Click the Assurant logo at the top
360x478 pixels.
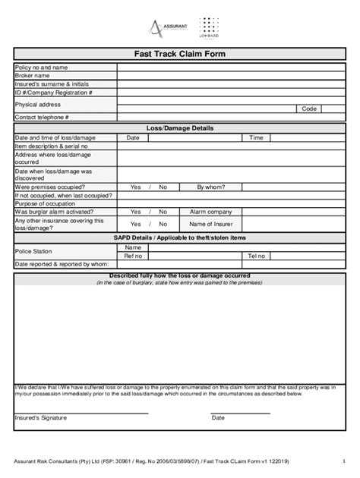pyautogui.click(x=168, y=29)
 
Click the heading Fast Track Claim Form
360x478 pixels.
pyautogui.click(x=180, y=55)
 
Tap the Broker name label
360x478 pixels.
pyautogui.click(x=33, y=76)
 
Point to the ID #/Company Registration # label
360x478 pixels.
pyautogui.click(x=53, y=93)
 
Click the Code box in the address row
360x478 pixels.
pyautogui.click(x=309, y=108)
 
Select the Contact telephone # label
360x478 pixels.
pyautogui.click(x=42, y=118)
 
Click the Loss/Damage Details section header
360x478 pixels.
pyautogui.click(x=180, y=128)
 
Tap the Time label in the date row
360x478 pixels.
pyautogui.click(x=257, y=138)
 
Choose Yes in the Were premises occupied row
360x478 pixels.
pyautogui.click(x=135, y=187)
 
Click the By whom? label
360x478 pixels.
pyautogui.click(x=210, y=187)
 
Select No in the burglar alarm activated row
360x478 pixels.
pyautogui.click(x=163, y=212)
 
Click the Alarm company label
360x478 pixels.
pyautogui.click(x=210, y=212)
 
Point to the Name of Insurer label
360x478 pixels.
pyautogui.click(x=210, y=225)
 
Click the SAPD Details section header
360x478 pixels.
pyautogui.click(x=180, y=237)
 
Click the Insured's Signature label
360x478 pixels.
pyautogui.click(x=41, y=418)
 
